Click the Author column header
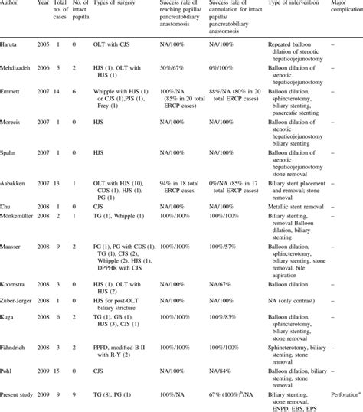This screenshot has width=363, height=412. click(x=11, y=3)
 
